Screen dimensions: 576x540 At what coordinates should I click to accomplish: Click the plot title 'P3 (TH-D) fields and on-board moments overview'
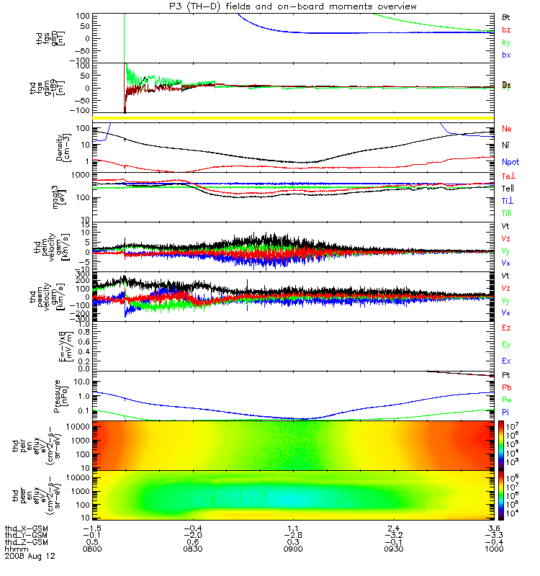292,6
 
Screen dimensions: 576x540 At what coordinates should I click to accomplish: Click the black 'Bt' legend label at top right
507,16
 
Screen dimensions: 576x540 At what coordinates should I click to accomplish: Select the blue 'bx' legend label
507,55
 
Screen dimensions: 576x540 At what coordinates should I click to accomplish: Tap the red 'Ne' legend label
507,129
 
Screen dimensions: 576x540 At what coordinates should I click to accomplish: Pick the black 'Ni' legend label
506,146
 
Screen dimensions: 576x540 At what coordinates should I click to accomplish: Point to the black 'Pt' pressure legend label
506,377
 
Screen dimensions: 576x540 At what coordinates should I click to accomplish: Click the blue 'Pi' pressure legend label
506,412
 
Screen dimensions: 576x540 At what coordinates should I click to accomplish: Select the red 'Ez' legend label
507,328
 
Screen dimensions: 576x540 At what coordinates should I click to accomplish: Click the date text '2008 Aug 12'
30,557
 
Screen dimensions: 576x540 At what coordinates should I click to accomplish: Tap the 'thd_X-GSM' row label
26,528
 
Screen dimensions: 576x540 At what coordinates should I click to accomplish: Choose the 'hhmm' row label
16,549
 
